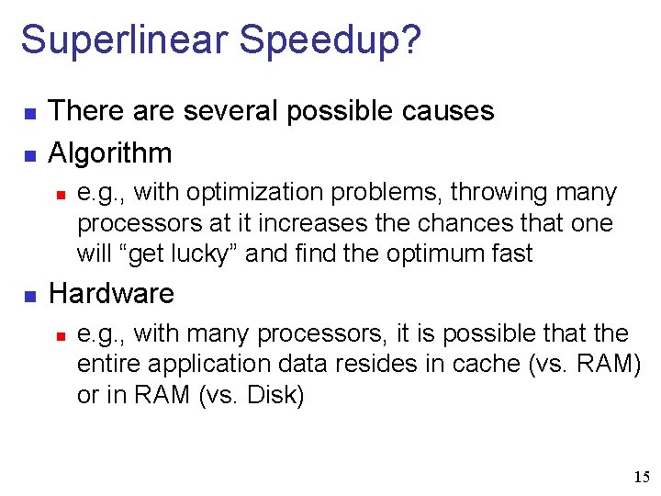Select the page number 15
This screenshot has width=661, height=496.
641,477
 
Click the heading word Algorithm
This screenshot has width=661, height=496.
110,152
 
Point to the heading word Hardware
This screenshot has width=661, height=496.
111,294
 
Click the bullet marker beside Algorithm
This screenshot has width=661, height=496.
28,154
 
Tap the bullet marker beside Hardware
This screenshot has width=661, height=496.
28,296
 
